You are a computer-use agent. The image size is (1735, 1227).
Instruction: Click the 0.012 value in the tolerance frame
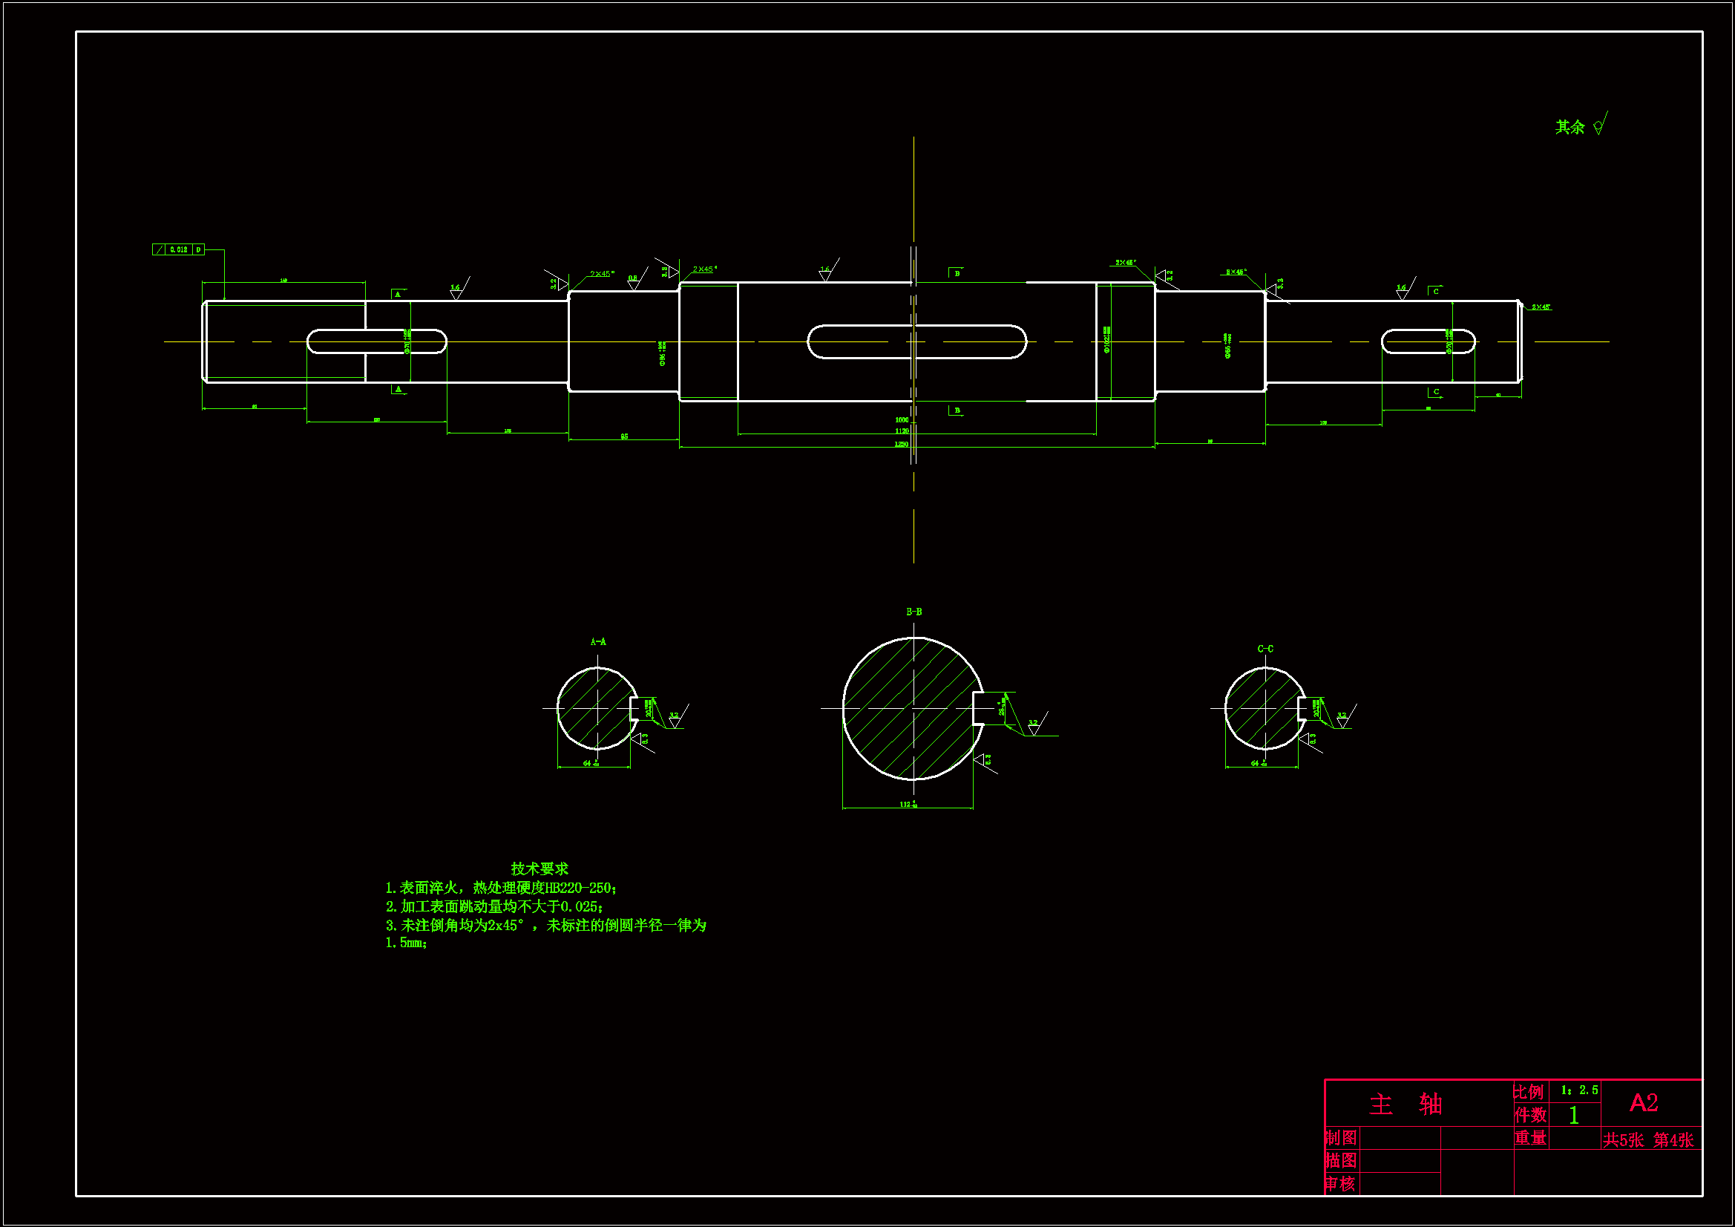(179, 249)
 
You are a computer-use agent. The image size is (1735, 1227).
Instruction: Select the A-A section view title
(597, 642)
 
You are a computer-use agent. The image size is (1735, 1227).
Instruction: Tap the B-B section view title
(914, 612)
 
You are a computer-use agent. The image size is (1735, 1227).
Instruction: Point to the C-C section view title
(1265, 649)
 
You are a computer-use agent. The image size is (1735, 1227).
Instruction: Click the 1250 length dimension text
(902, 444)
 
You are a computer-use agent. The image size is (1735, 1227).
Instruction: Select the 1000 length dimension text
(902, 419)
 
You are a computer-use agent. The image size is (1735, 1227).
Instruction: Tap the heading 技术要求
(539, 868)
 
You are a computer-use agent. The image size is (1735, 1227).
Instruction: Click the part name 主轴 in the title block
(1406, 1104)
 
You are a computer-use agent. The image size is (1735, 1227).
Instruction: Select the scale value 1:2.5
(1578, 1090)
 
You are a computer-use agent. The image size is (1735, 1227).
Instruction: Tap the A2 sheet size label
(1644, 1102)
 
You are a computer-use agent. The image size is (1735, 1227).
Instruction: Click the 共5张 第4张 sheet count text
(1648, 1140)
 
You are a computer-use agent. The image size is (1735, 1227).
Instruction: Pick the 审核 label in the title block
(1341, 1183)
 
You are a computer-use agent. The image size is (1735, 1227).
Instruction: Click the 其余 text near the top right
(1569, 127)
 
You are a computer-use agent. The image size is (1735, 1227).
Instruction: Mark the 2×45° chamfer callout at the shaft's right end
(1541, 307)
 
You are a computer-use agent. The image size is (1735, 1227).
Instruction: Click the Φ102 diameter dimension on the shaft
(1107, 340)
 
